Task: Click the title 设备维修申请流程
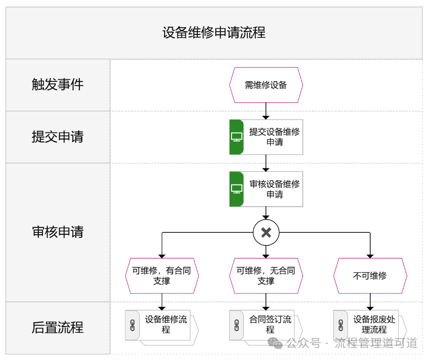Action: point(214,33)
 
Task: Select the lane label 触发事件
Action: point(57,85)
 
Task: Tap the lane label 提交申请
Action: point(57,137)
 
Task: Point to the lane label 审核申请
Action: point(57,232)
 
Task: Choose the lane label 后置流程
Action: point(57,327)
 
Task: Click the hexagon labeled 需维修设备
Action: point(266,85)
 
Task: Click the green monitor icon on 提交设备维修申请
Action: point(237,137)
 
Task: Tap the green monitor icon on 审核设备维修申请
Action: point(237,189)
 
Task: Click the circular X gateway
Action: point(266,232)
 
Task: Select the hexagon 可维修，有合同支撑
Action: point(162,276)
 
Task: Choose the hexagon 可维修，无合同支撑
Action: point(266,276)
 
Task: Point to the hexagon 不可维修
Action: point(370,276)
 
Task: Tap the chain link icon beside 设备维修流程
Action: point(133,326)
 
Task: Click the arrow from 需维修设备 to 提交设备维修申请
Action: point(266,111)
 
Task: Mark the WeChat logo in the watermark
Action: point(275,343)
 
